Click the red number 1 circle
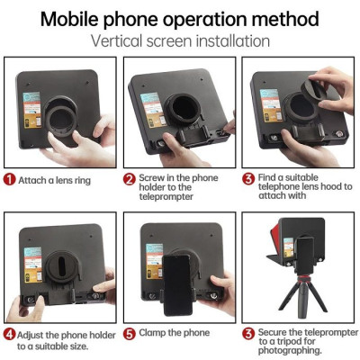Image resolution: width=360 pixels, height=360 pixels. pos(10,178)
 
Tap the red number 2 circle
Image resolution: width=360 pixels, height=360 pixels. pos(129,178)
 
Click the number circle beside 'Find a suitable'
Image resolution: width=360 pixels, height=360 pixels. pos(248,178)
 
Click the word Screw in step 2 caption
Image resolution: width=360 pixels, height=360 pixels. pos(152,178)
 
